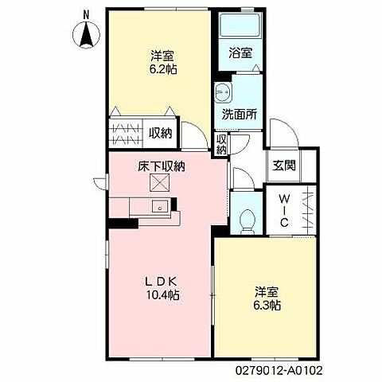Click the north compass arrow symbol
(87, 35)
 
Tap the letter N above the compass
(86, 16)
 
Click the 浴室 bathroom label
(240, 53)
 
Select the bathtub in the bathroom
(240, 25)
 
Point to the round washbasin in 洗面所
(223, 92)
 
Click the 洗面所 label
(240, 115)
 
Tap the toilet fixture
(248, 221)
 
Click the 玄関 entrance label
(284, 166)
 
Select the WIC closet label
(284, 210)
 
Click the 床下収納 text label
(162, 166)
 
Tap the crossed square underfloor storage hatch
(160, 182)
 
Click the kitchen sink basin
(160, 207)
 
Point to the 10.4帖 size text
(162, 294)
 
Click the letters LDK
(161, 282)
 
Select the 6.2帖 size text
(163, 69)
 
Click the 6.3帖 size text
(267, 306)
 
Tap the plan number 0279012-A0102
(279, 370)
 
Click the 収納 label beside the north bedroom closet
(160, 133)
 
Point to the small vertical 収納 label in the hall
(221, 144)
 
